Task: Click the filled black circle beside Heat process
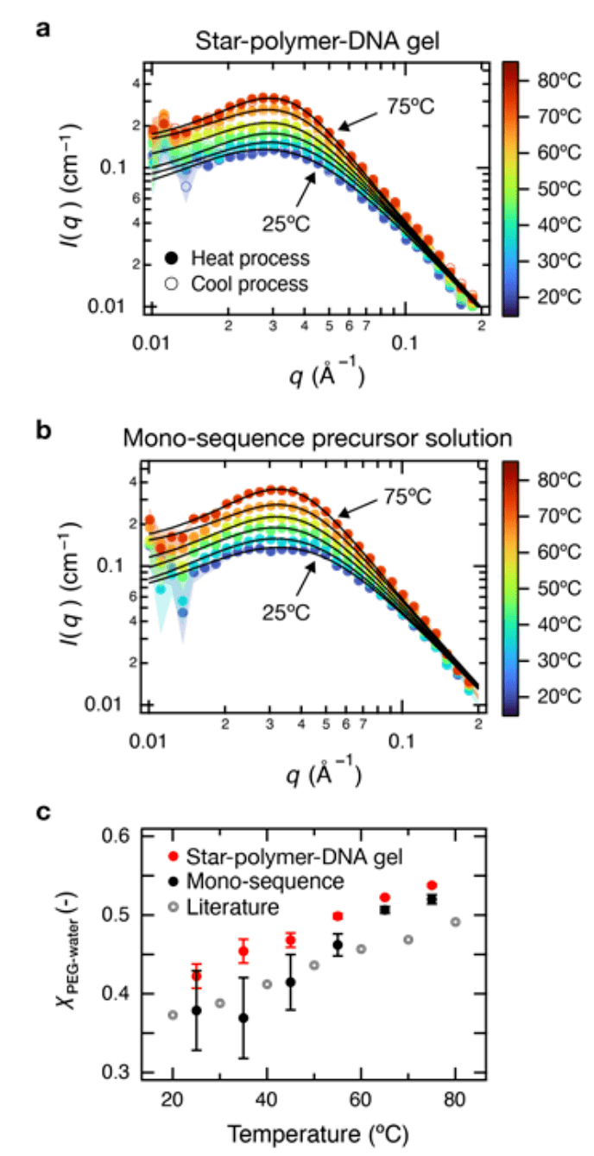[x=172, y=258]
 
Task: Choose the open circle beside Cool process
[x=172, y=283]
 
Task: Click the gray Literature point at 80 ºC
[x=455, y=921]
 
